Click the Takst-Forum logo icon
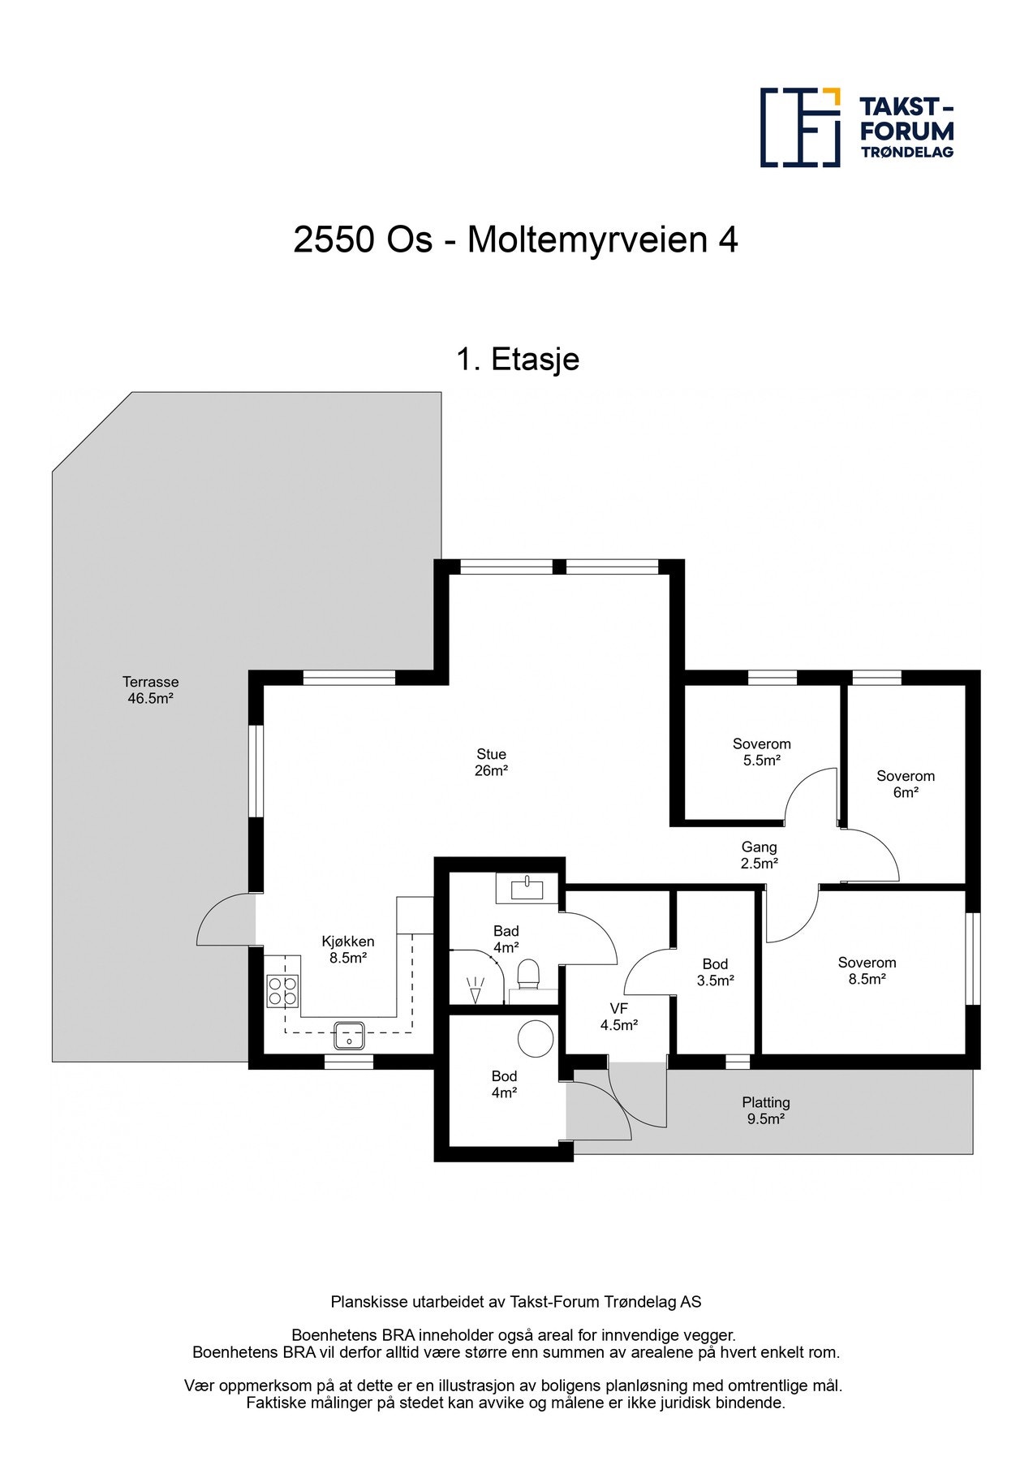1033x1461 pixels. click(800, 127)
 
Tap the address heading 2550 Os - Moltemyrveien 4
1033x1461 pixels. click(515, 240)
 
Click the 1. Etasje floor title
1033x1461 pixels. click(518, 359)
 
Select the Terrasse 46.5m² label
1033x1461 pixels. click(150, 690)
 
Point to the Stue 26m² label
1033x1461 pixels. click(491, 762)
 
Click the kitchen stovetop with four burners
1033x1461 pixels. click(283, 990)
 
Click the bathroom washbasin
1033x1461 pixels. click(527, 887)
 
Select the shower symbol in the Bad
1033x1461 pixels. click(475, 989)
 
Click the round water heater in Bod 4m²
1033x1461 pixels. click(536, 1038)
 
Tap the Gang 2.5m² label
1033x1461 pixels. click(759, 855)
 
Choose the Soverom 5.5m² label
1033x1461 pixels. click(761, 752)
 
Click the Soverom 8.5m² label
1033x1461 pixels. click(867, 971)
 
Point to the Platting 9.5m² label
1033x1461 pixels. click(765, 1110)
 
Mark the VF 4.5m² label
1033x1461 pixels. click(618, 1016)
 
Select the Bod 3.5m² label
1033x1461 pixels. click(715, 972)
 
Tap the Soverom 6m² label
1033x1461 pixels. click(906, 784)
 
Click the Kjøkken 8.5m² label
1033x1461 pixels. click(348, 949)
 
